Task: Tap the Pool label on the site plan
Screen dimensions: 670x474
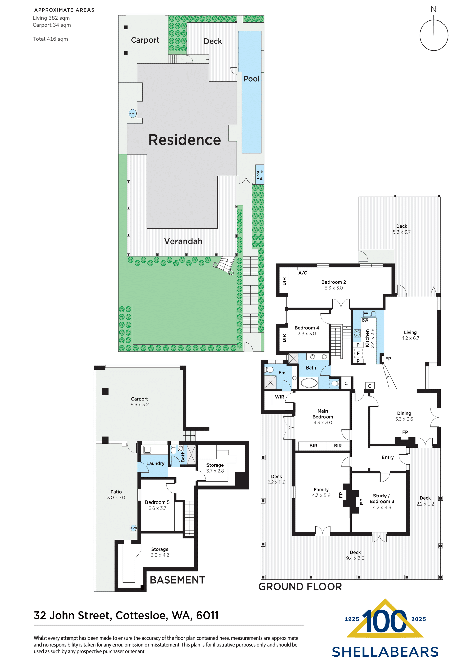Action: coord(251,79)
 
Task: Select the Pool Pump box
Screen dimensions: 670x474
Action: coord(260,175)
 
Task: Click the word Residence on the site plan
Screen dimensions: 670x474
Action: coord(184,140)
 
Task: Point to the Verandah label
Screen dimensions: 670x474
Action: coord(183,241)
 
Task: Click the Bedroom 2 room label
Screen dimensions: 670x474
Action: coord(334,282)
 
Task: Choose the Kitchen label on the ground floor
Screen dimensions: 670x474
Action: coord(367,338)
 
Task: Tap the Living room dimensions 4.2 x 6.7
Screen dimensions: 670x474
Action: coord(410,338)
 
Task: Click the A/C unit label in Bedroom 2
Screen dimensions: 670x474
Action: coord(303,273)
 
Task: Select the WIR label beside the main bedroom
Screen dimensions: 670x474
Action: coord(279,397)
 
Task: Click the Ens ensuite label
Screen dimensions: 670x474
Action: coord(282,373)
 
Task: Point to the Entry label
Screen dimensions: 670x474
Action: coord(388,457)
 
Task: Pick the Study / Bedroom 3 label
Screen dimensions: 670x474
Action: coord(382,499)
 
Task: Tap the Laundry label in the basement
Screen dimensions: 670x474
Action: coord(155,463)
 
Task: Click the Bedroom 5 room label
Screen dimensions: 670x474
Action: coord(157,502)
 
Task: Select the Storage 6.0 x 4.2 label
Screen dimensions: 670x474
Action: coord(160,552)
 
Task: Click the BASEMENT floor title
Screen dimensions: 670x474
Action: coord(177,580)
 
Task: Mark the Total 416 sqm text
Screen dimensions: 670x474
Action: coord(50,39)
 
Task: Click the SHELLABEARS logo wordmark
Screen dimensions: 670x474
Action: coord(385,652)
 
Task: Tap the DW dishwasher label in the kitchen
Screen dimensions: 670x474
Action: coord(365,321)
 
